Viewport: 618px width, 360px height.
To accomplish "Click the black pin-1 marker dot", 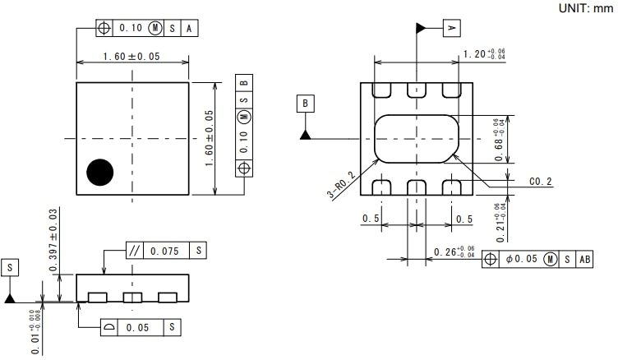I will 100,171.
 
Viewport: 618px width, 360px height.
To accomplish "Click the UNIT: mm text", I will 584,7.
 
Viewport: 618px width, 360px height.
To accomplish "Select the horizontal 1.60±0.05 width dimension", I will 131,56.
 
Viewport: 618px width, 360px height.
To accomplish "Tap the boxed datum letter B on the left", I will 305,104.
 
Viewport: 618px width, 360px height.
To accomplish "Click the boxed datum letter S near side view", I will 10,268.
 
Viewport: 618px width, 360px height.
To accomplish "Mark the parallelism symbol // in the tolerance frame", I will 135,251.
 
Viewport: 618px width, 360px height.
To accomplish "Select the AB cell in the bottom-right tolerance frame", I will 584,259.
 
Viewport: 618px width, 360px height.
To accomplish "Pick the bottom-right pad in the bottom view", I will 450,187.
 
